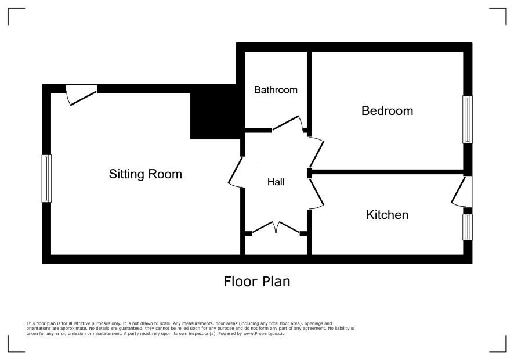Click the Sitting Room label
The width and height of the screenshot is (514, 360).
(x=145, y=174)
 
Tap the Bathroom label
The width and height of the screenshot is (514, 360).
(x=276, y=90)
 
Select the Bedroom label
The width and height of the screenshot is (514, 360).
(x=387, y=110)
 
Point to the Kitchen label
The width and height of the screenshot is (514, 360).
(x=387, y=215)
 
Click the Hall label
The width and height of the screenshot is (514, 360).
(x=276, y=182)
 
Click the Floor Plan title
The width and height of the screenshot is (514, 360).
(x=257, y=282)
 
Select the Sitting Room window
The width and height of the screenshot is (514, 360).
(x=46, y=178)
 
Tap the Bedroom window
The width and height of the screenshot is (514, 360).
(x=468, y=120)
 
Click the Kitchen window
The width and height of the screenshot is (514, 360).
(x=468, y=227)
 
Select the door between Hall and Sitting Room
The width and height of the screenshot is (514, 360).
(x=235, y=172)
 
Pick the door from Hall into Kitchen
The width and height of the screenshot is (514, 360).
(x=317, y=195)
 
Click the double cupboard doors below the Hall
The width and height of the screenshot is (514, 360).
(x=276, y=228)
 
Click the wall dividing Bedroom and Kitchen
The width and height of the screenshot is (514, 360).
(x=386, y=172)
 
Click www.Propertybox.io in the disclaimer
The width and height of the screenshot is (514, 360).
(x=264, y=333)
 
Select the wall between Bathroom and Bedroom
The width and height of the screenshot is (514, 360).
(x=309, y=89)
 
